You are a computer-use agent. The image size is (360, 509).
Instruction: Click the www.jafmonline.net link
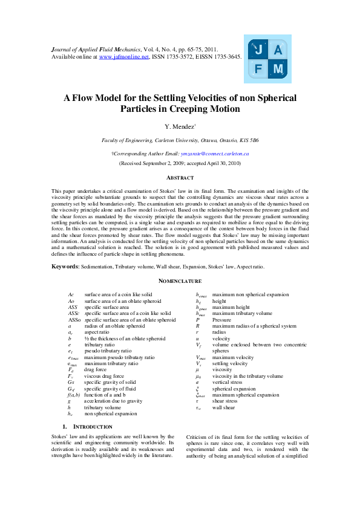(123, 56)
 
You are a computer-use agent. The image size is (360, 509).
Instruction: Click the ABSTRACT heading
(180, 178)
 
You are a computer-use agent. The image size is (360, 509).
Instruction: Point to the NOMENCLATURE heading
(180, 282)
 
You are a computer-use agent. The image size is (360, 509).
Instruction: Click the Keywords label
(65, 267)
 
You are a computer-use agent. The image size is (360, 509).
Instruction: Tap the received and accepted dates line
(180, 163)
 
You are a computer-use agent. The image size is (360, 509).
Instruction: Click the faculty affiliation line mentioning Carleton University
(180, 140)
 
